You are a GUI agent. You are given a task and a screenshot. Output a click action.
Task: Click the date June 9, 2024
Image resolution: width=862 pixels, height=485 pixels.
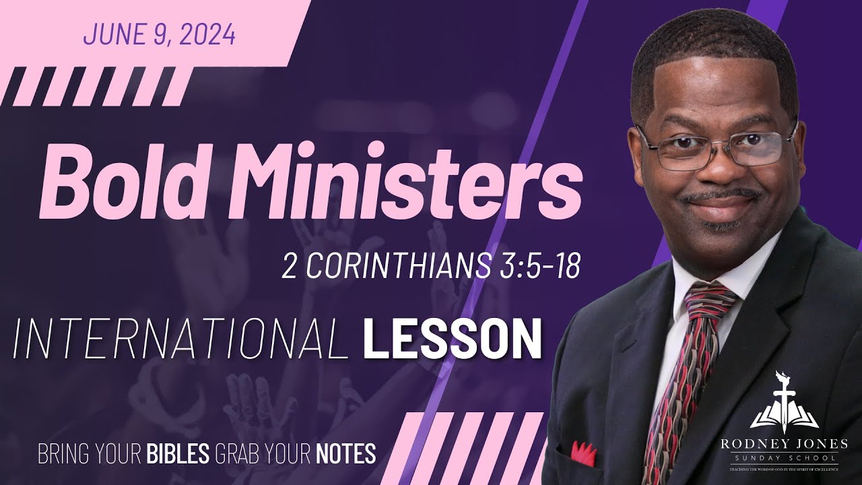[160, 34]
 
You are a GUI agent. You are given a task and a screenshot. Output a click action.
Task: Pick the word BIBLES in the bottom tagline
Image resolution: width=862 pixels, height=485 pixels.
[178, 453]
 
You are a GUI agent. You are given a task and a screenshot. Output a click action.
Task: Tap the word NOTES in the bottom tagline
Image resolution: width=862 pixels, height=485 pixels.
[345, 453]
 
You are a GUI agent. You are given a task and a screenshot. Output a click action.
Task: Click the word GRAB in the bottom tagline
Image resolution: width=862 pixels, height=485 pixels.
[234, 453]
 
